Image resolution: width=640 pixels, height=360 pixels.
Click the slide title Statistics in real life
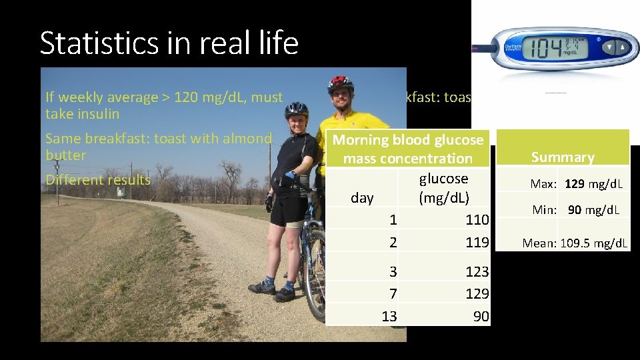tap(169, 43)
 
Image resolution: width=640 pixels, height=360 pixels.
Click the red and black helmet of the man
tap(340, 83)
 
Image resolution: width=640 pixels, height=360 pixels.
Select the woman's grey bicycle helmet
tap(296, 109)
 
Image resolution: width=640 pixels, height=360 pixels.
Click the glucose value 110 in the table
tap(477, 219)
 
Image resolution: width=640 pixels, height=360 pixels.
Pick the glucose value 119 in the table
tap(477, 242)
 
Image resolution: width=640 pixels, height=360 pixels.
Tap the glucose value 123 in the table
tap(477, 271)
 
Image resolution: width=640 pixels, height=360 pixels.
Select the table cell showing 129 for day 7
tap(477, 293)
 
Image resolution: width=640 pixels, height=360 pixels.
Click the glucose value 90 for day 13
tap(481, 316)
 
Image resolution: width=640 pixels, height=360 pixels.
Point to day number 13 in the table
tap(389, 316)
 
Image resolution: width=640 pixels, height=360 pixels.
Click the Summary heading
tap(563, 157)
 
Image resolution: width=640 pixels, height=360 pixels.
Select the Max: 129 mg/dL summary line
tap(576, 183)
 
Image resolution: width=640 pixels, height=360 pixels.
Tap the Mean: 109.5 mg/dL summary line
tap(575, 243)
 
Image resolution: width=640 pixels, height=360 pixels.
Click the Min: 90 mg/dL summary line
tap(576, 210)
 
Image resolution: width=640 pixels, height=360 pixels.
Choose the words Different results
tap(97, 180)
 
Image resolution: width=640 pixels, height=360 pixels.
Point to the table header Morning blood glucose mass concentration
tap(407, 149)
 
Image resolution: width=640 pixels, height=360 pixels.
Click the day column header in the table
tap(362, 199)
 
